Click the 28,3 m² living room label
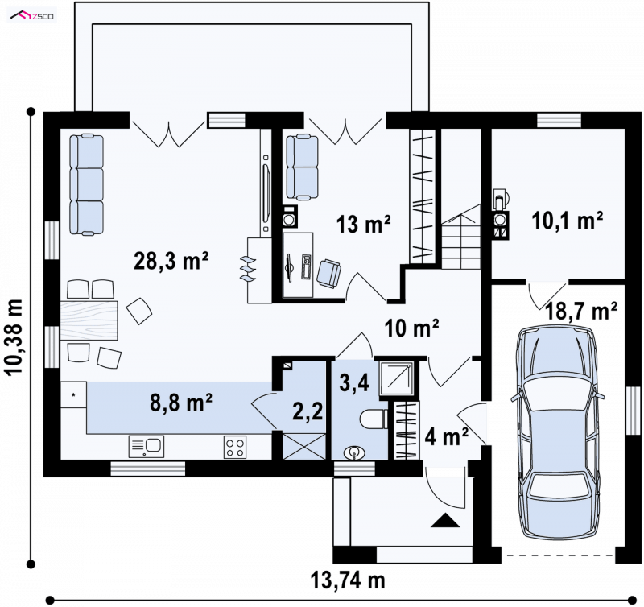[171, 261]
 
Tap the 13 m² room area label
[364, 224]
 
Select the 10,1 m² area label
[568, 221]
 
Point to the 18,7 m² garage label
[581, 312]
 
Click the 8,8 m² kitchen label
[181, 403]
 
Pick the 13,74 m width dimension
[348, 580]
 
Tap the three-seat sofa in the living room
[86, 184]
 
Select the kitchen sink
[147, 447]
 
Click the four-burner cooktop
[235, 447]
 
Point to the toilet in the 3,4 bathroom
[374, 419]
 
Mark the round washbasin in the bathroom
[353, 453]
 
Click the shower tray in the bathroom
[396, 378]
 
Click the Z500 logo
[34, 16]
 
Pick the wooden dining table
[89, 320]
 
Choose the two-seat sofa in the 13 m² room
[303, 167]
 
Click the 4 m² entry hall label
[447, 436]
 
